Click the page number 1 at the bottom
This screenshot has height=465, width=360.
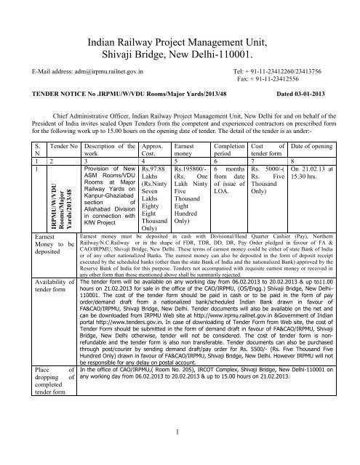click(x=179, y=454)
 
